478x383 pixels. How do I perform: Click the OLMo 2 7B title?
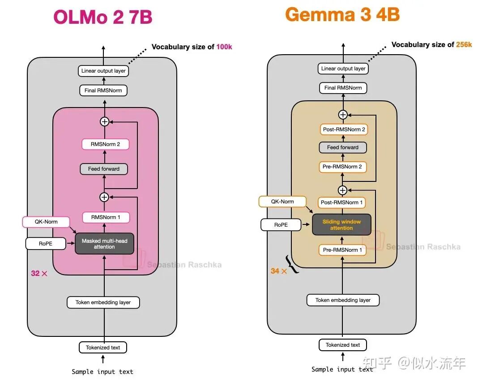point(103,17)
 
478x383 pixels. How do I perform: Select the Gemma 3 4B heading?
point(342,14)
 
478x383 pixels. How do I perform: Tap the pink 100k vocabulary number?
point(224,47)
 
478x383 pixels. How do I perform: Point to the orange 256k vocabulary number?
point(464,44)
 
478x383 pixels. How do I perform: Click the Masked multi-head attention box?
point(104,244)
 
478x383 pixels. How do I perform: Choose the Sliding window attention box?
point(341,224)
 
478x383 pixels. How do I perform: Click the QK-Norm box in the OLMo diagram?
point(46,222)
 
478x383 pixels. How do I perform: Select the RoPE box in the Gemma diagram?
point(281,225)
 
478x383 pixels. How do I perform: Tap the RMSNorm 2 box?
point(106,144)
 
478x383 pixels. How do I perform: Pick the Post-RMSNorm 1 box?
point(341,202)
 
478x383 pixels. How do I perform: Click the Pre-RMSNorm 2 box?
point(342,167)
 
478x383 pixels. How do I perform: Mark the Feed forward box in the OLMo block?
point(104,169)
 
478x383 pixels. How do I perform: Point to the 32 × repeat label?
point(39,273)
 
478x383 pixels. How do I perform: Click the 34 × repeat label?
point(279,271)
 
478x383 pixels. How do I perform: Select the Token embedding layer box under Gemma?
point(343,300)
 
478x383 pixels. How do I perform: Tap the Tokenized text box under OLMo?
point(103,347)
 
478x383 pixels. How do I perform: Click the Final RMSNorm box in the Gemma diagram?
point(343,88)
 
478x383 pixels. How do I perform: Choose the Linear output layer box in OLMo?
point(103,71)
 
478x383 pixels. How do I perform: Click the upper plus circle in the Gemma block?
point(343,115)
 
